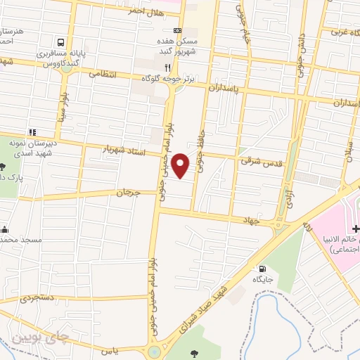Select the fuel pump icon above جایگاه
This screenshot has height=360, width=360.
coord(262,268)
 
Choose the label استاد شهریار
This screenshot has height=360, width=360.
coord(124,150)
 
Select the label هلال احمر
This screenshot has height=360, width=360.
coord(146,12)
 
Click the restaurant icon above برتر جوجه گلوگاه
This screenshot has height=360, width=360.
coord(167,67)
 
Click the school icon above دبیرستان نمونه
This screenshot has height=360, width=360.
coord(32,131)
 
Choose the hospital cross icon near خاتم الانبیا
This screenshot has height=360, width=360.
coord(356,229)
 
